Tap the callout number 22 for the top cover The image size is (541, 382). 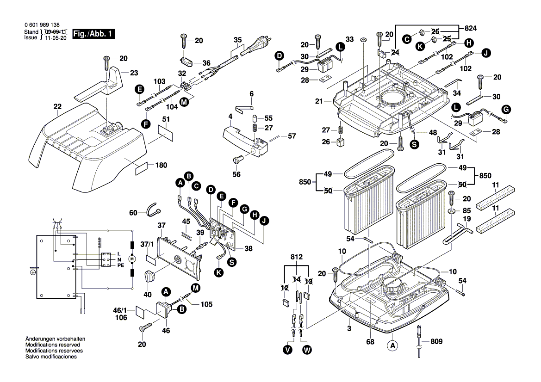[57, 106]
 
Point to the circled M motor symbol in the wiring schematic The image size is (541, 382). [131, 259]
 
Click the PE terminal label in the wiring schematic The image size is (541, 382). [120, 266]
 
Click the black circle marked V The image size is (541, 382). [288, 350]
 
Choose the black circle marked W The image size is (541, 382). [306, 350]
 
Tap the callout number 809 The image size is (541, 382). [436, 342]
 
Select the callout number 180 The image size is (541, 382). [162, 165]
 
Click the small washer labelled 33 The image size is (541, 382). [363, 40]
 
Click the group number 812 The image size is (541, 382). [297, 257]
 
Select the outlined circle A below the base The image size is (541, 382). [392, 345]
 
